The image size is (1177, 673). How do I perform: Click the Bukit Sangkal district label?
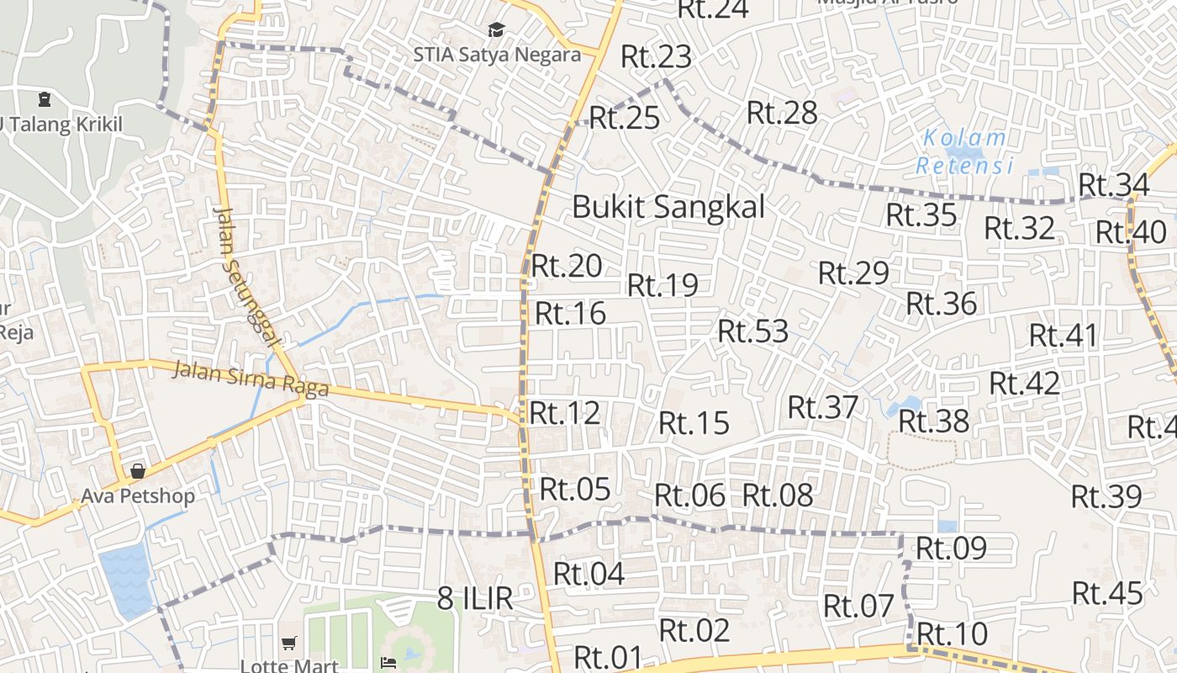[x=668, y=206]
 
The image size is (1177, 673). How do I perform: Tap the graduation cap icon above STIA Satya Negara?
[x=497, y=30]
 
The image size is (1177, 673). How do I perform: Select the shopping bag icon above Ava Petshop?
[x=138, y=471]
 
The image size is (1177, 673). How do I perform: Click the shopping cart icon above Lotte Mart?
[x=289, y=644]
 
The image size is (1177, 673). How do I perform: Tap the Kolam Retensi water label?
[x=964, y=151]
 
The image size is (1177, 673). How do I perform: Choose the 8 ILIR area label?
[x=475, y=598]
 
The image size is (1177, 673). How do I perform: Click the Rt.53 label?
[x=752, y=331]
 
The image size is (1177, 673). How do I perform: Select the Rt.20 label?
[x=567, y=266]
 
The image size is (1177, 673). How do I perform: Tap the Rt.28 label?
[x=782, y=112]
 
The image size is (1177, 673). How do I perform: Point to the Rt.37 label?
[x=823, y=407]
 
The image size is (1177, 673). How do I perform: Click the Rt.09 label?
[x=951, y=548]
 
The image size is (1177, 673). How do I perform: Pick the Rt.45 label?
[x=1108, y=593]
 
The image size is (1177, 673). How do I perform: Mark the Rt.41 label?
[x=1064, y=335]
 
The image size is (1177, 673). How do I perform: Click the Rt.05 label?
[x=575, y=489]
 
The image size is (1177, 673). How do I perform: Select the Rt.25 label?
[x=624, y=118]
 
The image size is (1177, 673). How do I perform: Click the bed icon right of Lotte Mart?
[x=388, y=662]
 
